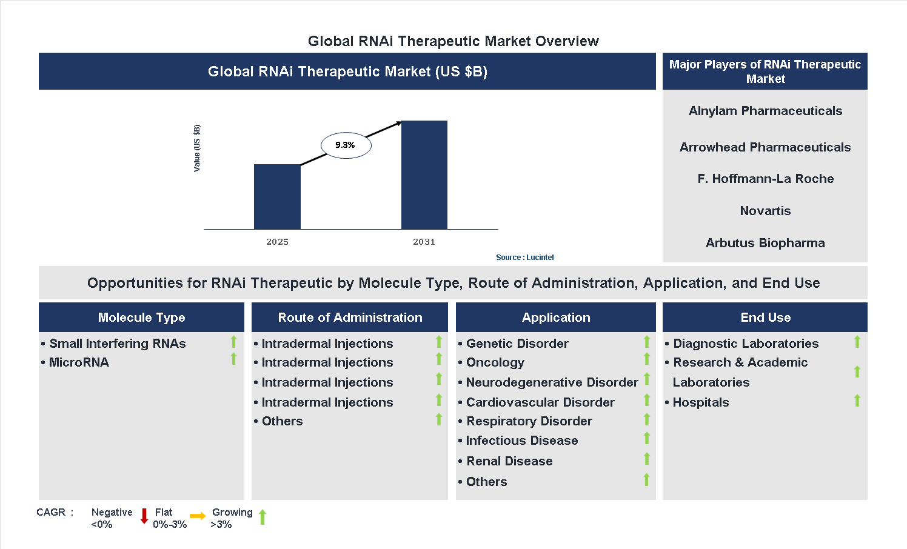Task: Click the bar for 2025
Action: point(277,196)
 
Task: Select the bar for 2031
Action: point(424,175)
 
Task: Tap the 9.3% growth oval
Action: point(346,145)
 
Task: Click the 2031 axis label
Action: point(424,242)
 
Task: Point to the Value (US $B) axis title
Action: point(196,148)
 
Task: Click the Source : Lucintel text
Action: point(524,258)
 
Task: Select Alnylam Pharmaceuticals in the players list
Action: point(765,111)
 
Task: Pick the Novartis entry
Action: point(765,211)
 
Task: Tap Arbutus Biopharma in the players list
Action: point(765,243)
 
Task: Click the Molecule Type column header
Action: point(141,318)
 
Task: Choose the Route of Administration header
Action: point(350,318)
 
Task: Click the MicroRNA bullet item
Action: point(79,362)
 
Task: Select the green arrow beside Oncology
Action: point(647,359)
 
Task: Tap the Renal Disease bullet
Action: point(509,461)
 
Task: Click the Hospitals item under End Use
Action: point(700,402)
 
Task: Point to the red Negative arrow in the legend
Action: point(144,516)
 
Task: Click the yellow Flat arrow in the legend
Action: point(198,516)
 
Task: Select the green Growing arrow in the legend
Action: point(263,517)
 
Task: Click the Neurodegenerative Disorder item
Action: point(552,382)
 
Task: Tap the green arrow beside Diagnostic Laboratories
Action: point(857,342)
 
